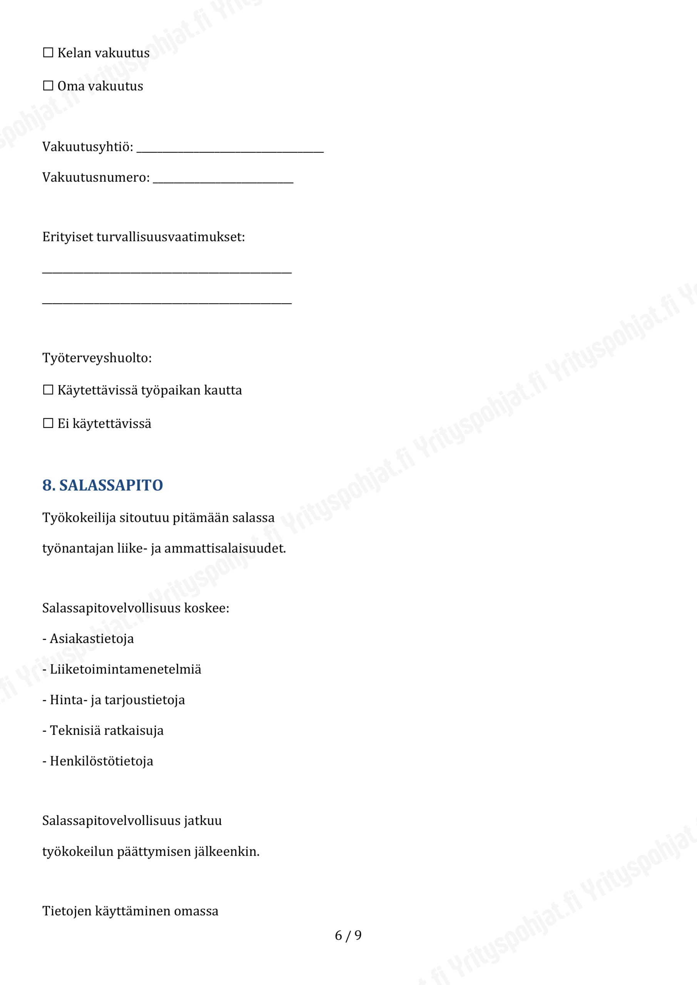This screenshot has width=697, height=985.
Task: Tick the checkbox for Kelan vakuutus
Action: point(48,53)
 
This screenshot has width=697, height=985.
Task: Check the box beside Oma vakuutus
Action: point(48,86)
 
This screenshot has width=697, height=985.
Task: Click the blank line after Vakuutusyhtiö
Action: point(230,149)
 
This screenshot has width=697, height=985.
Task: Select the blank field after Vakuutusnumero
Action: point(223,179)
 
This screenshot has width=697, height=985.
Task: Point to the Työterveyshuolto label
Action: point(97,357)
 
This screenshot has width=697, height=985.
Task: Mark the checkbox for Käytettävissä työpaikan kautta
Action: point(48,390)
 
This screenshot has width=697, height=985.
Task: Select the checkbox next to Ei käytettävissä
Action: point(48,423)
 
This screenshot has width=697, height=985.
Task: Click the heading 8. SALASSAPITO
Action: point(103,485)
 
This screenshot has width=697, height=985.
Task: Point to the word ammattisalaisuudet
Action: point(225,548)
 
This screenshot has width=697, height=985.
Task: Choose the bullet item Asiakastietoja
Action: point(92,639)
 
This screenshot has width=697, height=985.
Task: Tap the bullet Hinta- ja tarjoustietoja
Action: point(117,700)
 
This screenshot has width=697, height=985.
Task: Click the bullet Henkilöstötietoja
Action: point(101,761)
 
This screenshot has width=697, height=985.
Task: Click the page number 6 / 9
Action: point(348,935)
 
